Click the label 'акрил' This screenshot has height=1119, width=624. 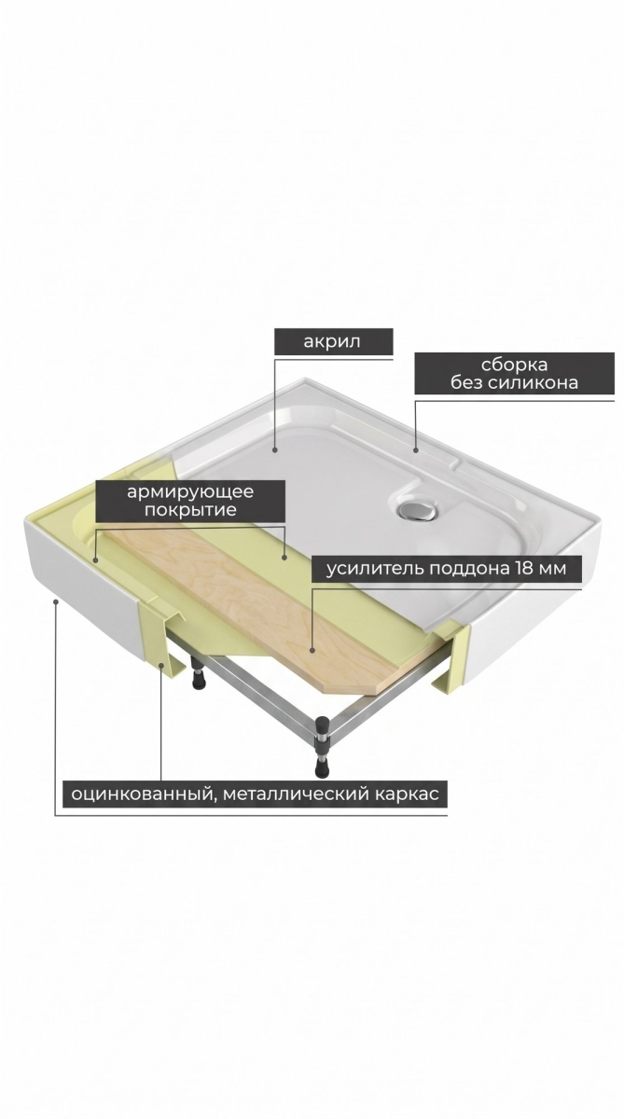[x=332, y=341]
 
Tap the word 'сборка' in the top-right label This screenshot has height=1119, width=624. [x=514, y=365]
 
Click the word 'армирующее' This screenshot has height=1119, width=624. [x=190, y=492]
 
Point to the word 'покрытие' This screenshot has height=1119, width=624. [x=190, y=510]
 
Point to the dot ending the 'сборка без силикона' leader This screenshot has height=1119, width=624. [x=416, y=450]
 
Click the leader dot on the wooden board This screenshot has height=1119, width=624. [x=312, y=650]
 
